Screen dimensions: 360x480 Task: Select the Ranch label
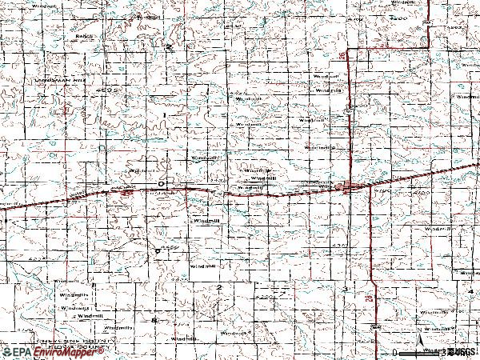[85, 36]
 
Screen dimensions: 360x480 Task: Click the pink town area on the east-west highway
[345, 188]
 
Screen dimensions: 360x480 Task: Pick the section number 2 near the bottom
[218, 286]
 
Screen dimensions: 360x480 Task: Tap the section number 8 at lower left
[154, 320]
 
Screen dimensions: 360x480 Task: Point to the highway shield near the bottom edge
[375, 327]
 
